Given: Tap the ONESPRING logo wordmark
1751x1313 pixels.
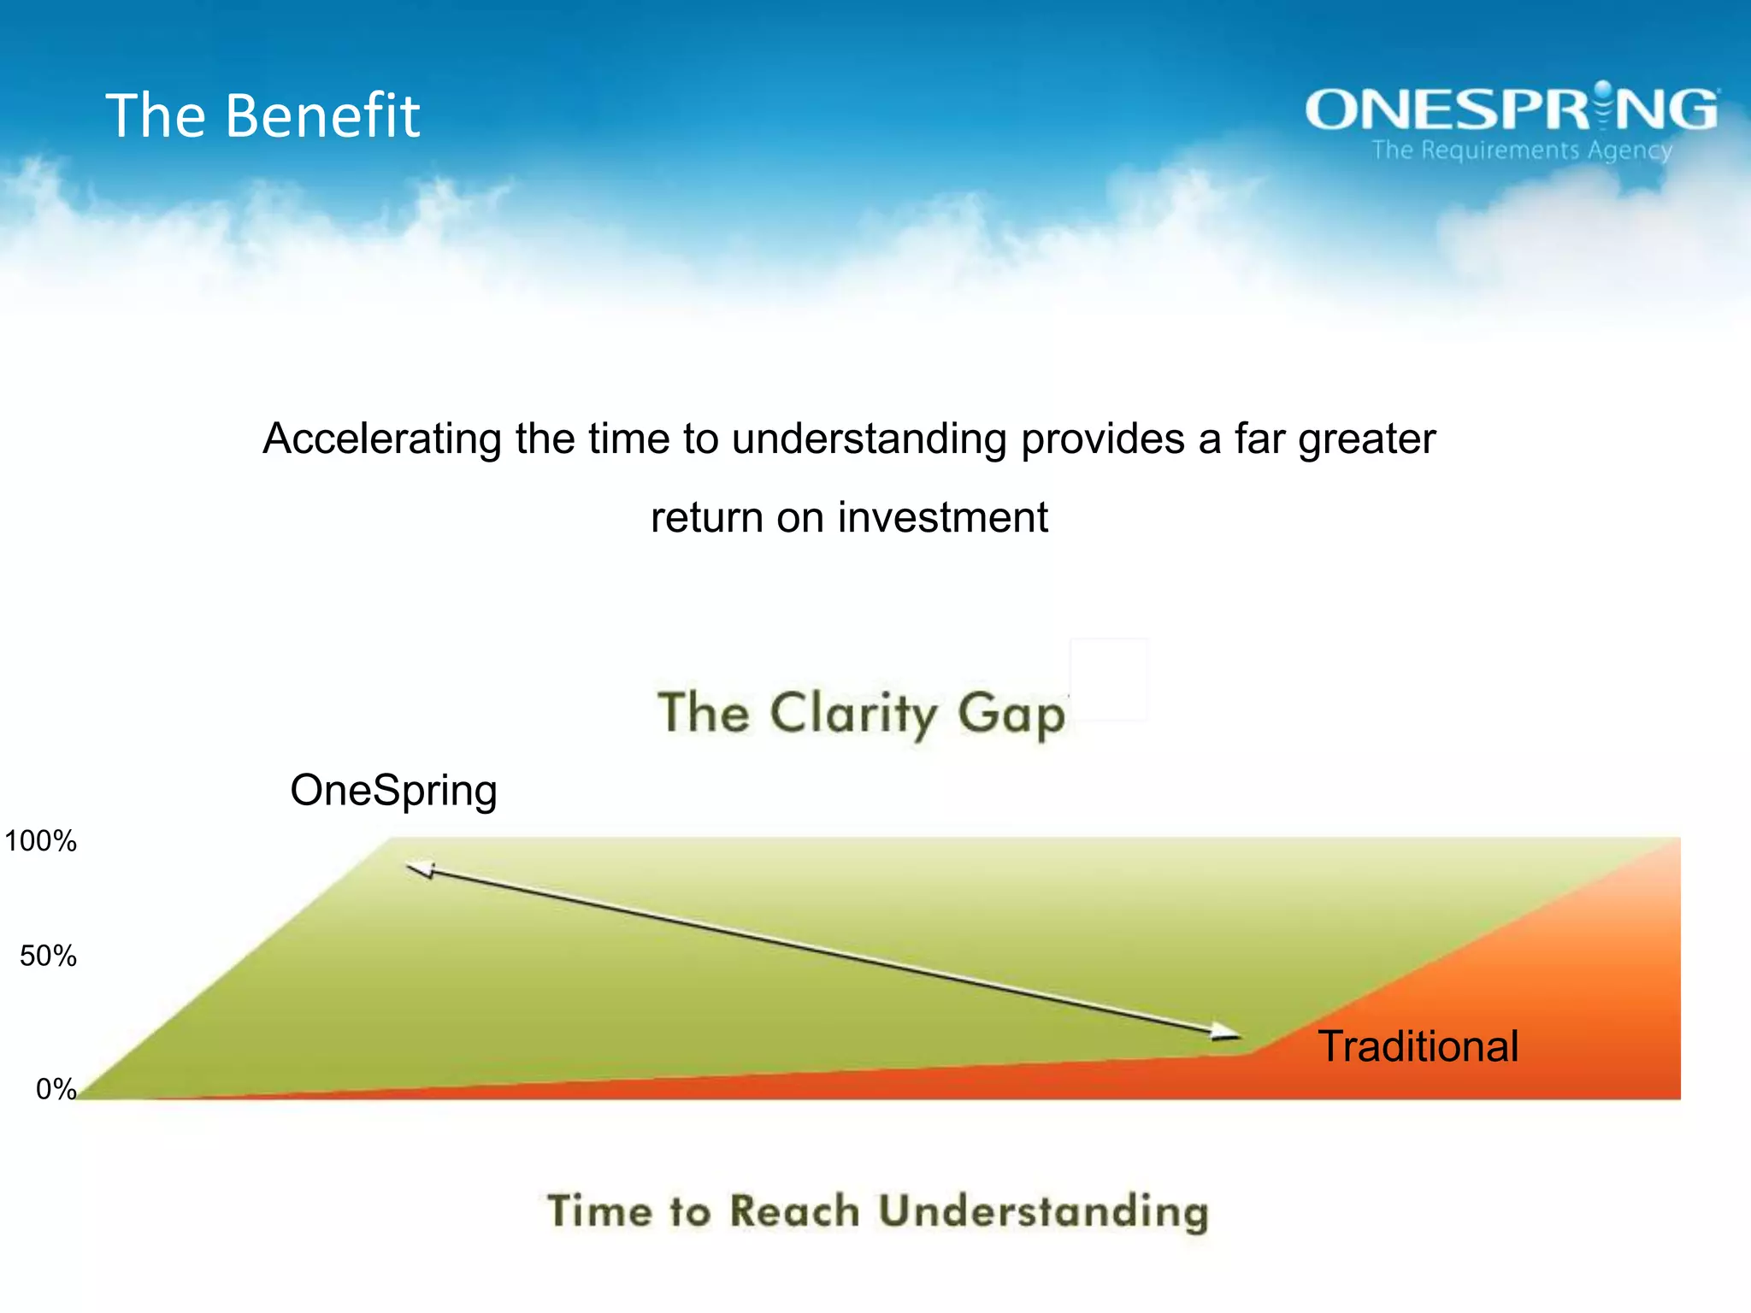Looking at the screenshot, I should (1511, 109).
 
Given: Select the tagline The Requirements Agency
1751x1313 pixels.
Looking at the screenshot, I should (1522, 150).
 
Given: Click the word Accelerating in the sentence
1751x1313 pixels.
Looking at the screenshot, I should (381, 439).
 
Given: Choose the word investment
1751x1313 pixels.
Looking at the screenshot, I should (942, 518).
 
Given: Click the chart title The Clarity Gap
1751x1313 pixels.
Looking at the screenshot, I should (862, 713).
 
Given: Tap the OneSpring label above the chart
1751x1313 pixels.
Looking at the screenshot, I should (393, 790).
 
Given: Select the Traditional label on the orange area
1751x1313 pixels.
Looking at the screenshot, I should (1418, 1046).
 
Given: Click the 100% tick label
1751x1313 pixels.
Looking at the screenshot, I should (40, 841).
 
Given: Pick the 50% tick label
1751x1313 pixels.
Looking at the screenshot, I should (48, 956).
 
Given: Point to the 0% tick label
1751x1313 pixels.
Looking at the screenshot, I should (56, 1089).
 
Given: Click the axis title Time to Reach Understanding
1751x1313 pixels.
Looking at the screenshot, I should (877, 1212).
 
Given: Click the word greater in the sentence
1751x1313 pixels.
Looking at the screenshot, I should (1366, 439).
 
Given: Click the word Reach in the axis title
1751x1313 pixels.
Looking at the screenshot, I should (794, 1212).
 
